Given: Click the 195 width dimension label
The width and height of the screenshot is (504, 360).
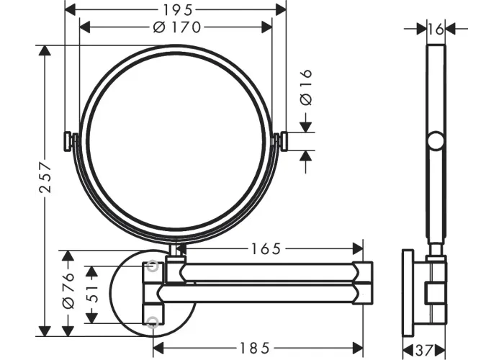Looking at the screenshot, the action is tap(178, 9).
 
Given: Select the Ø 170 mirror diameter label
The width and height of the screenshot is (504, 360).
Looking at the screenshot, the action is tap(177, 27).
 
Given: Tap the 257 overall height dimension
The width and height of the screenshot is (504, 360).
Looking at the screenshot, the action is tap(45, 178).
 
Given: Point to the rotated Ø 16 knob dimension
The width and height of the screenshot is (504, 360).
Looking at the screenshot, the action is tap(306, 87).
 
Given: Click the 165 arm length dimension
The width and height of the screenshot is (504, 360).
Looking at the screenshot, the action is tap(266, 248).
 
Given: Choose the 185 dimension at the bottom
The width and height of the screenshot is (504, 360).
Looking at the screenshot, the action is tap(255, 348).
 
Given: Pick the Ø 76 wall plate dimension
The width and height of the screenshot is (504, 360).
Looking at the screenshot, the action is tap(69, 291).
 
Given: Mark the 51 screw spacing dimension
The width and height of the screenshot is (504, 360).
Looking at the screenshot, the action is tap(93, 294).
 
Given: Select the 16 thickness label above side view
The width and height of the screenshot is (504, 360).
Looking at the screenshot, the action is tap(436, 30).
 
